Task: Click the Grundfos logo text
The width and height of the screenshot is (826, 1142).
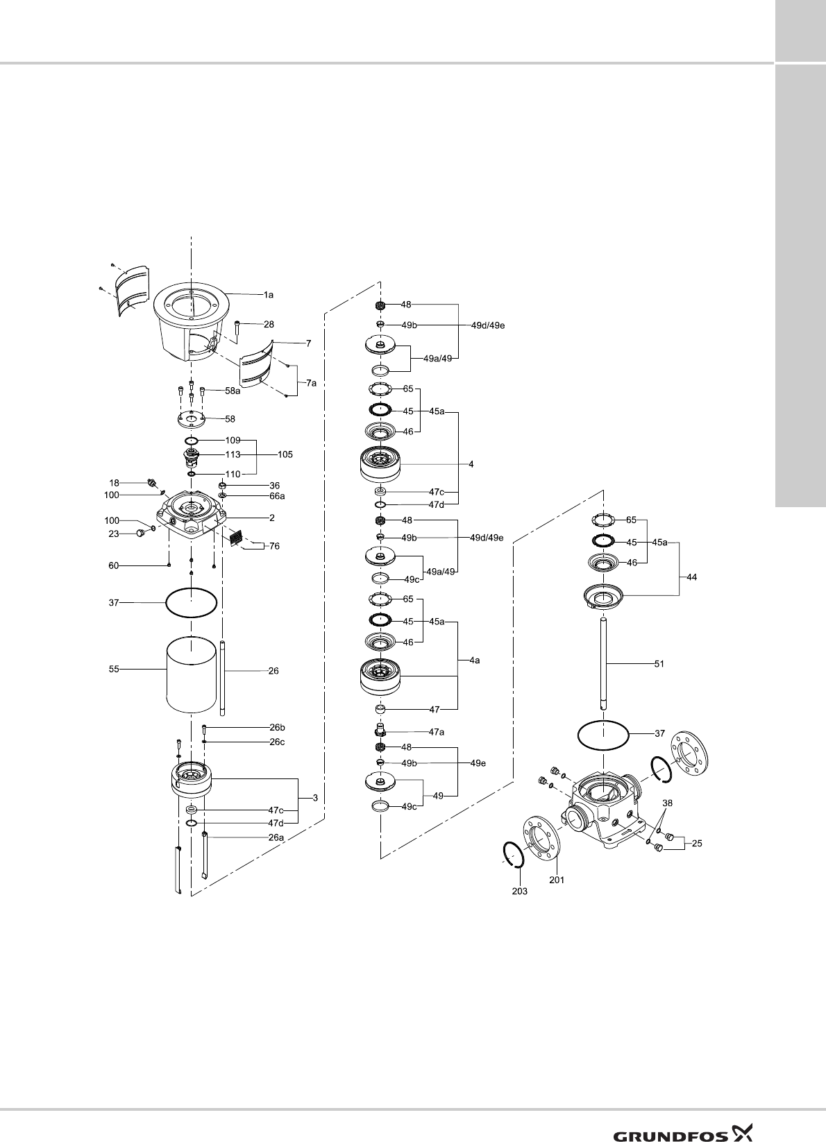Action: click(670, 1116)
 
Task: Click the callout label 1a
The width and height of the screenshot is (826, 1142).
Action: click(268, 295)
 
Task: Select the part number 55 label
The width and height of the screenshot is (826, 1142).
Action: click(114, 670)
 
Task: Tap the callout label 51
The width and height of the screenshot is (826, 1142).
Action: click(659, 664)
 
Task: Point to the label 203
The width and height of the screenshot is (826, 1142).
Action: click(519, 892)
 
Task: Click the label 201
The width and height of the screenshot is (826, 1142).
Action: click(557, 880)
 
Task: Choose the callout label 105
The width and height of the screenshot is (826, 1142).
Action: click(285, 455)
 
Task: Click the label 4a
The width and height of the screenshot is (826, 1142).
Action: click(474, 661)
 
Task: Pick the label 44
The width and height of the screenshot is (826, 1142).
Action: click(692, 577)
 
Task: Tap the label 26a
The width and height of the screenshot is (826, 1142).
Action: click(277, 837)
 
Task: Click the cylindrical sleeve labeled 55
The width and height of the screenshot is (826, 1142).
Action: click(191, 675)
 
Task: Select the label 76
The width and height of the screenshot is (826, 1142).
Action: click(274, 547)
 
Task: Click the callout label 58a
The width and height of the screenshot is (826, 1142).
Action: click(233, 391)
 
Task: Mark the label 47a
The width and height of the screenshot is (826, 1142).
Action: click(436, 732)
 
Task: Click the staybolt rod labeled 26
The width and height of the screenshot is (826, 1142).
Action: click(222, 679)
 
